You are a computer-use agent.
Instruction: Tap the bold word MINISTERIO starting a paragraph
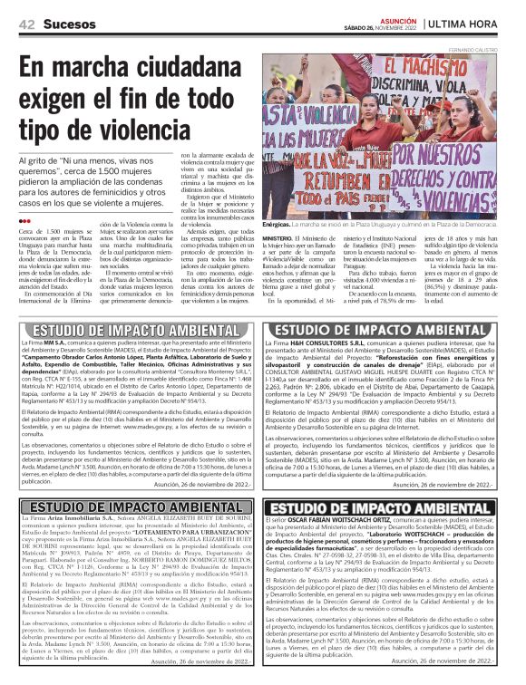pos(283,237)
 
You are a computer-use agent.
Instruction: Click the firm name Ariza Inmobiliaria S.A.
pos(78,516)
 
